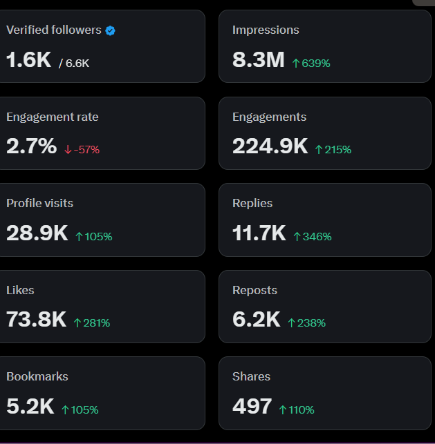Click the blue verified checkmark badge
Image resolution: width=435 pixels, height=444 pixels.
point(110,30)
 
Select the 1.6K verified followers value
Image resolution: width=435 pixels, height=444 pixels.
point(28,60)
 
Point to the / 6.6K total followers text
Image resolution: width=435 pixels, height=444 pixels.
point(74,63)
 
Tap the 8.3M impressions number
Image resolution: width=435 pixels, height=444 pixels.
point(258,60)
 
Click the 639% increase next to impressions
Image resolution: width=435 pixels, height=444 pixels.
point(311,63)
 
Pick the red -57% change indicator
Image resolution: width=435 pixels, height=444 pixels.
point(82,149)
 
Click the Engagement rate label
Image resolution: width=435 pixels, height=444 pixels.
point(53,117)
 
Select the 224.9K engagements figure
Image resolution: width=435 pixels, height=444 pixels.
point(270,146)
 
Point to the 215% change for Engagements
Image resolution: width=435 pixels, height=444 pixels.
point(333,149)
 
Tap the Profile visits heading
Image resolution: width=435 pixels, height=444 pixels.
point(39,203)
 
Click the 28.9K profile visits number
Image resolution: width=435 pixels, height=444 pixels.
point(37,233)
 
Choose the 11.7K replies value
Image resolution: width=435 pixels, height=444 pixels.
point(259,233)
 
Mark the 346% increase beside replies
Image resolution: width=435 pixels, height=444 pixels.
point(312,236)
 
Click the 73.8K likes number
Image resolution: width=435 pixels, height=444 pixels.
point(36,320)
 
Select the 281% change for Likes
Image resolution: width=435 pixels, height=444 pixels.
point(91,322)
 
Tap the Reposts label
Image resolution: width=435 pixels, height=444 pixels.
point(254,290)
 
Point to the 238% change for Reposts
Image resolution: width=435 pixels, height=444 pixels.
point(306,322)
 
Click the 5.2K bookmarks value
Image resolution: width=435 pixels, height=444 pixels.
point(30,406)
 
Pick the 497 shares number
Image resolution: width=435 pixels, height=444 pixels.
point(252,406)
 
